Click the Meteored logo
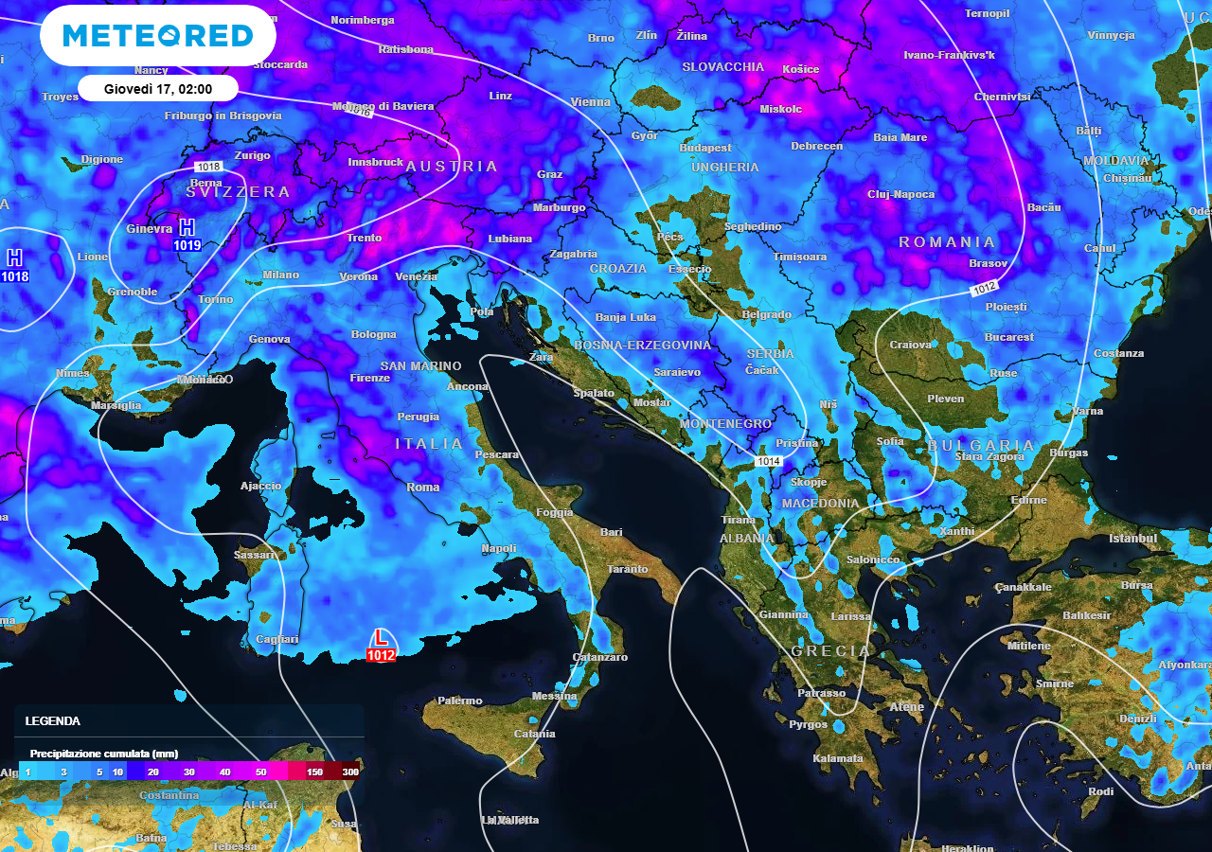point(158,36)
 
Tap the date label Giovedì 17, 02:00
point(157,89)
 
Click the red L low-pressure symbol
point(381,638)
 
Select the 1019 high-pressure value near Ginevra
point(187,245)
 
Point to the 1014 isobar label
point(769,461)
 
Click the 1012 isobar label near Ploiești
point(985,288)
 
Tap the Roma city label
point(423,488)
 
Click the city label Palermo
point(460,701)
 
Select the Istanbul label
point(1133,539)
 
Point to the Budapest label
point(705,148)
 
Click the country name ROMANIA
point(947,242)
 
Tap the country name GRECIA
point(830,651)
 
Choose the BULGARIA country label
point(981,445)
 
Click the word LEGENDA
point(53,720)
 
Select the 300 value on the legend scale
point(350,772)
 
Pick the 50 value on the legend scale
point(261,772)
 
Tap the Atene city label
point(907,707)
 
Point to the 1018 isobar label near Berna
point(209,167)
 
